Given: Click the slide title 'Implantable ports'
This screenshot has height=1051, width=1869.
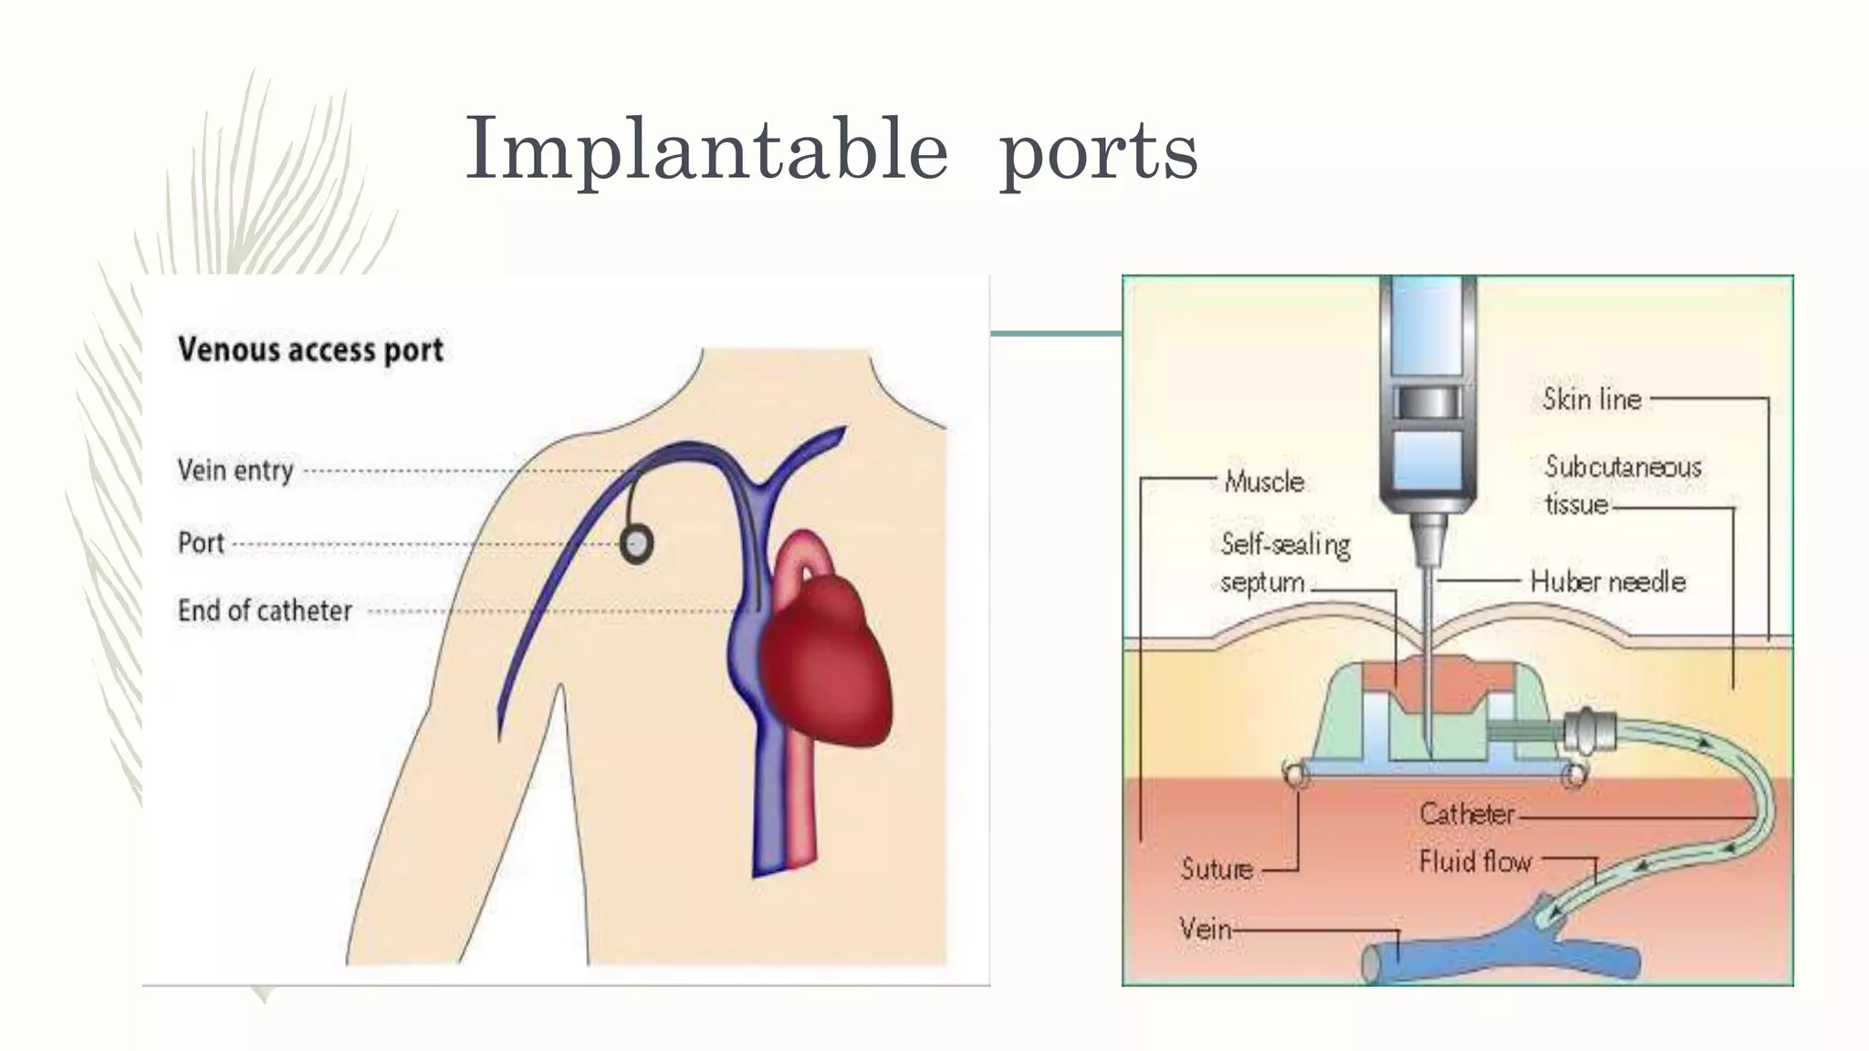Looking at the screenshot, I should coord(830,151).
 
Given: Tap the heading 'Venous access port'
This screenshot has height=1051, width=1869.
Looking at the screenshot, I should coord(310,349).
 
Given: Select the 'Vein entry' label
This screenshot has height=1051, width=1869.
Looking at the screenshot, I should coord(235,471).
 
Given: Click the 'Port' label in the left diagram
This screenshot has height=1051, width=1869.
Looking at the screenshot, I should coord(201,543).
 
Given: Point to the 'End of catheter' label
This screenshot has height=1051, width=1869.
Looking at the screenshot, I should coord(265,610).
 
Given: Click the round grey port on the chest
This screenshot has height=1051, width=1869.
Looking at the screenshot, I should coord(637,545).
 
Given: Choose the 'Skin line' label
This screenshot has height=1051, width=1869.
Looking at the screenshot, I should coord(1592,399).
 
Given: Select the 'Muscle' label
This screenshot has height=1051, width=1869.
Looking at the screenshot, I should coord(1264,481).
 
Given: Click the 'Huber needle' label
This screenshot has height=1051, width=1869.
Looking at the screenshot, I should coord(1607,581).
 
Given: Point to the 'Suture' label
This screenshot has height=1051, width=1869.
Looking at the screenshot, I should coord(1216,869).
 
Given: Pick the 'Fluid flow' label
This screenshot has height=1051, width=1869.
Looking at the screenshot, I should coord(1475,861).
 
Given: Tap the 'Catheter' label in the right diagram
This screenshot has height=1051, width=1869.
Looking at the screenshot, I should coord(1467,813).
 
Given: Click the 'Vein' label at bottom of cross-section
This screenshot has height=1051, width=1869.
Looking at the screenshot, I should coord(1205,929).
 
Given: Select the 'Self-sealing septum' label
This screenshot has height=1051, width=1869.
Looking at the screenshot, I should coord(1284,562).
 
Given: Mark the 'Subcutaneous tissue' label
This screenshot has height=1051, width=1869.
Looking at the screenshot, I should coord(1622,484).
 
